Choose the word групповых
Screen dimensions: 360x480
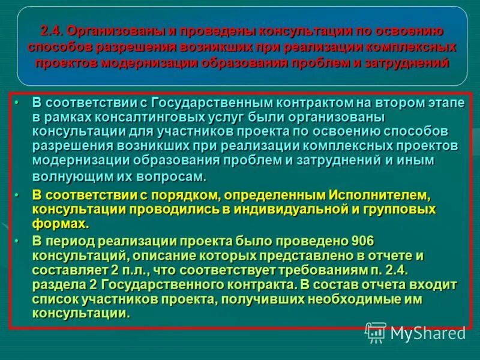(401, 209)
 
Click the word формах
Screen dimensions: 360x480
(61, 224)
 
